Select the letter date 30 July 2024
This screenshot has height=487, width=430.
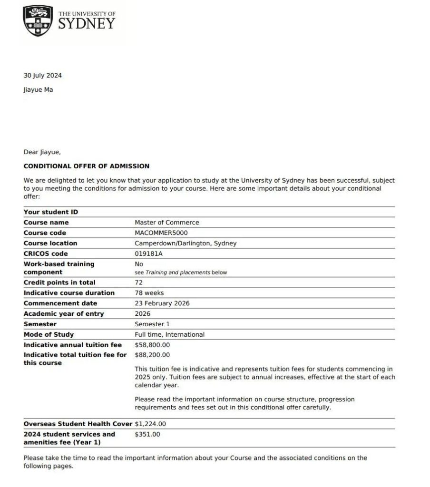[43, 75]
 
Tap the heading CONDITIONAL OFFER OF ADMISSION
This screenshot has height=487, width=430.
[87, 166]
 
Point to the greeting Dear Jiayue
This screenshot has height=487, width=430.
[42, 152]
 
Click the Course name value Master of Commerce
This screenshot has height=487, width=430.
[167, 223]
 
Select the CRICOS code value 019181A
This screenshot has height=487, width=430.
[149, 254]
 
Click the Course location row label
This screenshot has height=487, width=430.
[50, 243]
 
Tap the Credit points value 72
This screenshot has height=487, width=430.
[139, 282]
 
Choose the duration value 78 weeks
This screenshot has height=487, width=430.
[149, 293]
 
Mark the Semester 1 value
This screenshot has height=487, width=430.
[152, 324]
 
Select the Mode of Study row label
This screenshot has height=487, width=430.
[49, 335]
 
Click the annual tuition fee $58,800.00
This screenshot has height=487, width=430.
[152, 345]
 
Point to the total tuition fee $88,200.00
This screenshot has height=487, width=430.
[152, 355]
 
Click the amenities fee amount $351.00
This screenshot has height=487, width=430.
[147, 434]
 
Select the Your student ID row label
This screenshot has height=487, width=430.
[51, 212]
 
